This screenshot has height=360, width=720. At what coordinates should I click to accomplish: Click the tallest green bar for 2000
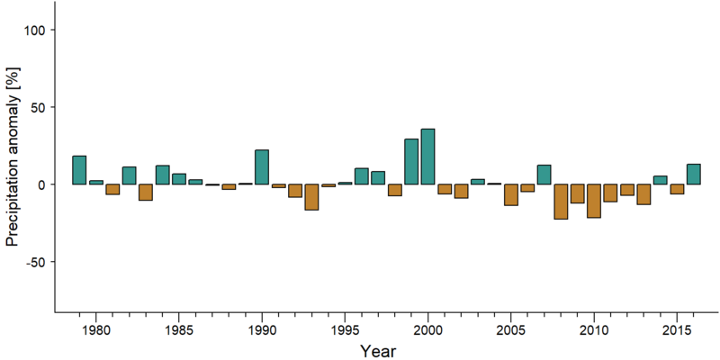click(x=428, y=157)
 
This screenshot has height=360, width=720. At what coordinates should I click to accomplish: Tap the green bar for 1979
click(x=79, y=170)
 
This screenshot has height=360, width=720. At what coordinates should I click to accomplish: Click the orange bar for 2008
click(x=561, y=202)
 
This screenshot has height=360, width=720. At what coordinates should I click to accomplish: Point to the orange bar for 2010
click(x=594, y=201)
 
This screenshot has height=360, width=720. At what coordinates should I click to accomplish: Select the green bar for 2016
click(x=694, y=174)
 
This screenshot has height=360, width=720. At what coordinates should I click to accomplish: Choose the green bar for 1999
click(x=411, y=162)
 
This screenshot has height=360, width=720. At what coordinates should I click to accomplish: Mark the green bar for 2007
click(x=544, y=175)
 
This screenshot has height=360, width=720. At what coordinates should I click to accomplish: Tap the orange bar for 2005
click(x=511, y=194)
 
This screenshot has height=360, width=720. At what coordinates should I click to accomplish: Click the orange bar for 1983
click(x=146, y=193)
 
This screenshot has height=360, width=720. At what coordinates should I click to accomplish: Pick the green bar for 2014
click(x=661, y=180)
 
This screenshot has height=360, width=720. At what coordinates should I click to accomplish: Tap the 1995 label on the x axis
click(x=345, y=331)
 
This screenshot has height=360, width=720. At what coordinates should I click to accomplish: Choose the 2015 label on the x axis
click(x=677, y=331)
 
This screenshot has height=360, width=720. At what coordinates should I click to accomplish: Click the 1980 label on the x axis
click(x=95, y=331)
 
